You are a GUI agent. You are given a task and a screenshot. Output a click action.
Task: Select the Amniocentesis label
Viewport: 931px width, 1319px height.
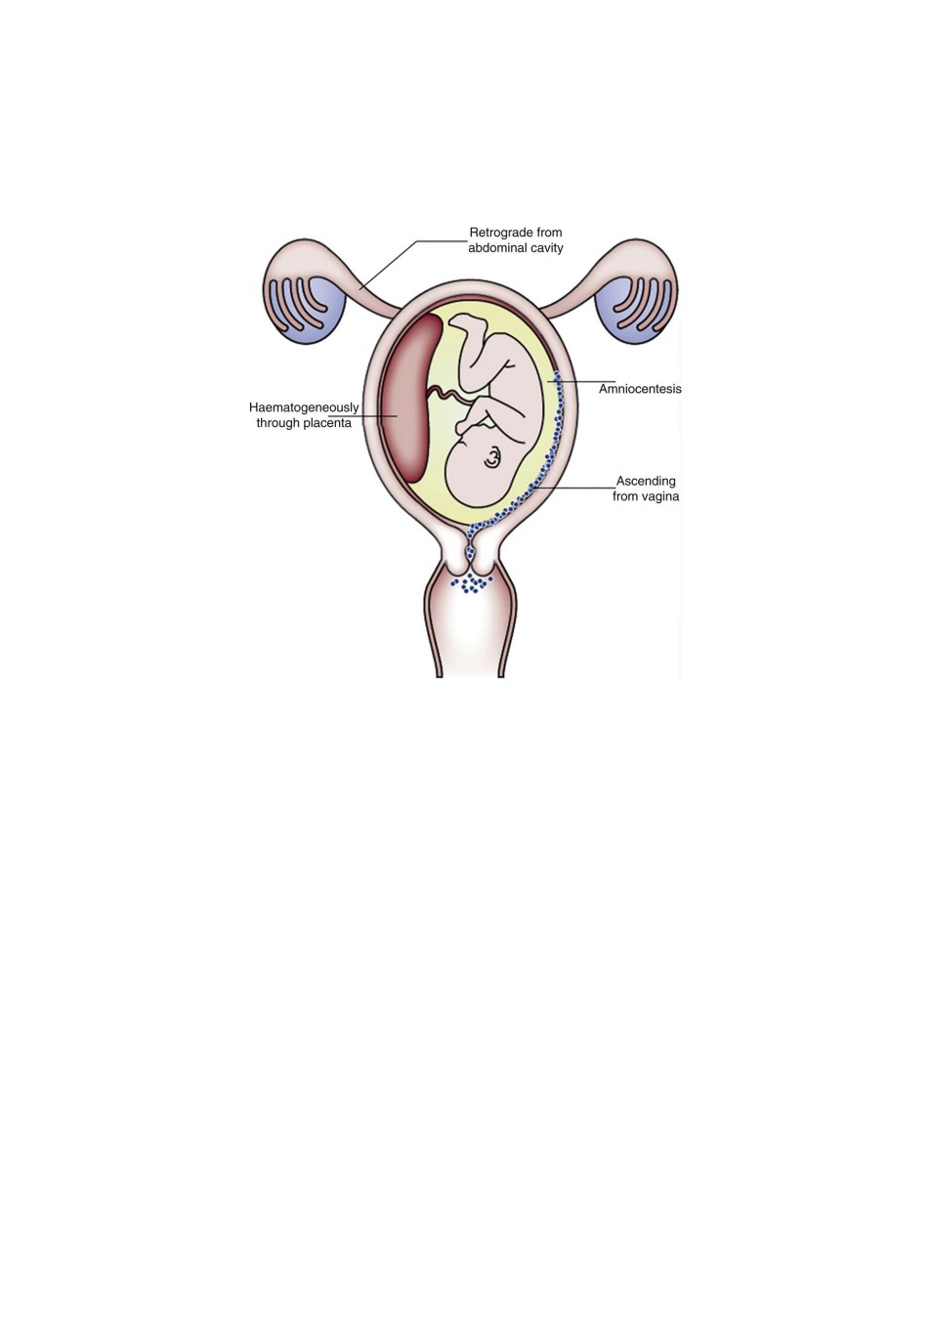[640, 389]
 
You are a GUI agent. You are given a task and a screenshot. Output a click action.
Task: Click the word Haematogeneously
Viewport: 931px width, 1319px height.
[304, 407]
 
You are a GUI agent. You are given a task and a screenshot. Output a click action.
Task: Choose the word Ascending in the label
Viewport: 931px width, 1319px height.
[646, 481]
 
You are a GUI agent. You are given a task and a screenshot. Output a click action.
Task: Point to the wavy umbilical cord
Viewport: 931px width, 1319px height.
[450, 396]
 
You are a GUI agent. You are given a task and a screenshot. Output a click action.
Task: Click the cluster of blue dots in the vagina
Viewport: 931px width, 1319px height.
[471, 583]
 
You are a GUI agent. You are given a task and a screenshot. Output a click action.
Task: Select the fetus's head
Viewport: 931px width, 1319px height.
[484, 463]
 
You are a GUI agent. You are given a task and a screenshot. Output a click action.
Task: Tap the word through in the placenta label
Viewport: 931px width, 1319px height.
[278, 423]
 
